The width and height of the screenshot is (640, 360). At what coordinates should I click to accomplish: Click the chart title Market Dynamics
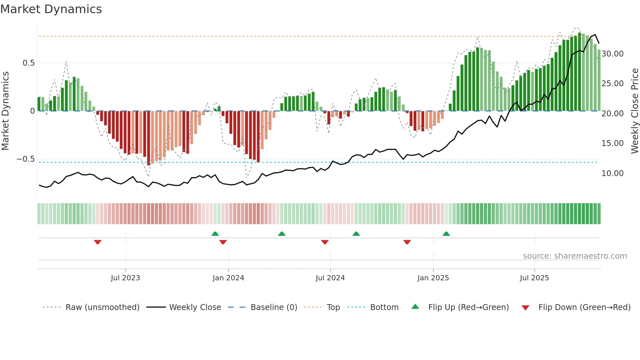(x=51, y=9)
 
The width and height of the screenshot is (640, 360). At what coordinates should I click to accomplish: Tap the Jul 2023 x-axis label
(x=125, y=278)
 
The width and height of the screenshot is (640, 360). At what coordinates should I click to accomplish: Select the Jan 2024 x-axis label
(x=228, y=278)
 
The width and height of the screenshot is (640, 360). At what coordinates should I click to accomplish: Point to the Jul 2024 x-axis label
(x=330, y=278)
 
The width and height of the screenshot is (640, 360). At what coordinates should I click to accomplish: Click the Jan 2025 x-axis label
(x=433, y=278)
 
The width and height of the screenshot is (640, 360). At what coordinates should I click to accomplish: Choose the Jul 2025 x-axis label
(x=534, y=278)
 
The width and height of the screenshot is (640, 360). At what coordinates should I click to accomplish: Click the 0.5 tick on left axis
(x=28, y=63)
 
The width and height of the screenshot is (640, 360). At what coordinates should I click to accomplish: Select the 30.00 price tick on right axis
(x=612, y=54)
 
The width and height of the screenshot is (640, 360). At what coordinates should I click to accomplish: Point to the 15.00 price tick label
(x=612, y=143)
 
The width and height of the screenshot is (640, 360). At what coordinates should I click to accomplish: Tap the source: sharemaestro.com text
(x=575, y=256)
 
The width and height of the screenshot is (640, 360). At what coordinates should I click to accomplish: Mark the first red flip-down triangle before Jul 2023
(x=98, y=242)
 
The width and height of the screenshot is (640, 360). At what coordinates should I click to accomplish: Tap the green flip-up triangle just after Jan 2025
(x=446, y=234)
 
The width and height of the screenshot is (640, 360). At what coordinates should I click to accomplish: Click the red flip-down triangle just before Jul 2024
(x=325, y=242)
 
